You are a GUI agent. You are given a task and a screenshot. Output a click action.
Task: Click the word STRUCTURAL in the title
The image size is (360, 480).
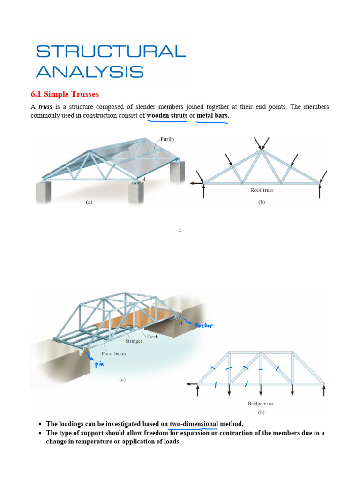coord(111,52)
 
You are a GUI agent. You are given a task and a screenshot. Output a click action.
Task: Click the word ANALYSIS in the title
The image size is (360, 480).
coord(90,72)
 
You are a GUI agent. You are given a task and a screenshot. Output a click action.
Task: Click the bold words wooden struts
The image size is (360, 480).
coord(167,115)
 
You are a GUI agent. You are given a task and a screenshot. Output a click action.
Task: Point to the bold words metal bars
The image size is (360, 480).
coord(213,115)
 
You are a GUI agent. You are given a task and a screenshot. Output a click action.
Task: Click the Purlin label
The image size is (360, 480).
coord(167,139)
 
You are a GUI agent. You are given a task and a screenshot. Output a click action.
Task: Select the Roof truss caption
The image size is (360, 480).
coord(262,190)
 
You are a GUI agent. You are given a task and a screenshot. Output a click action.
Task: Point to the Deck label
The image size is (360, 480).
coord(153,337)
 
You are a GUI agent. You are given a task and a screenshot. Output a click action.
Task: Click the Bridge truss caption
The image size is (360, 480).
coord(261,404)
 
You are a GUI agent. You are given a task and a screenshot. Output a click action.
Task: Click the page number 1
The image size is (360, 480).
coord(180,231)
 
